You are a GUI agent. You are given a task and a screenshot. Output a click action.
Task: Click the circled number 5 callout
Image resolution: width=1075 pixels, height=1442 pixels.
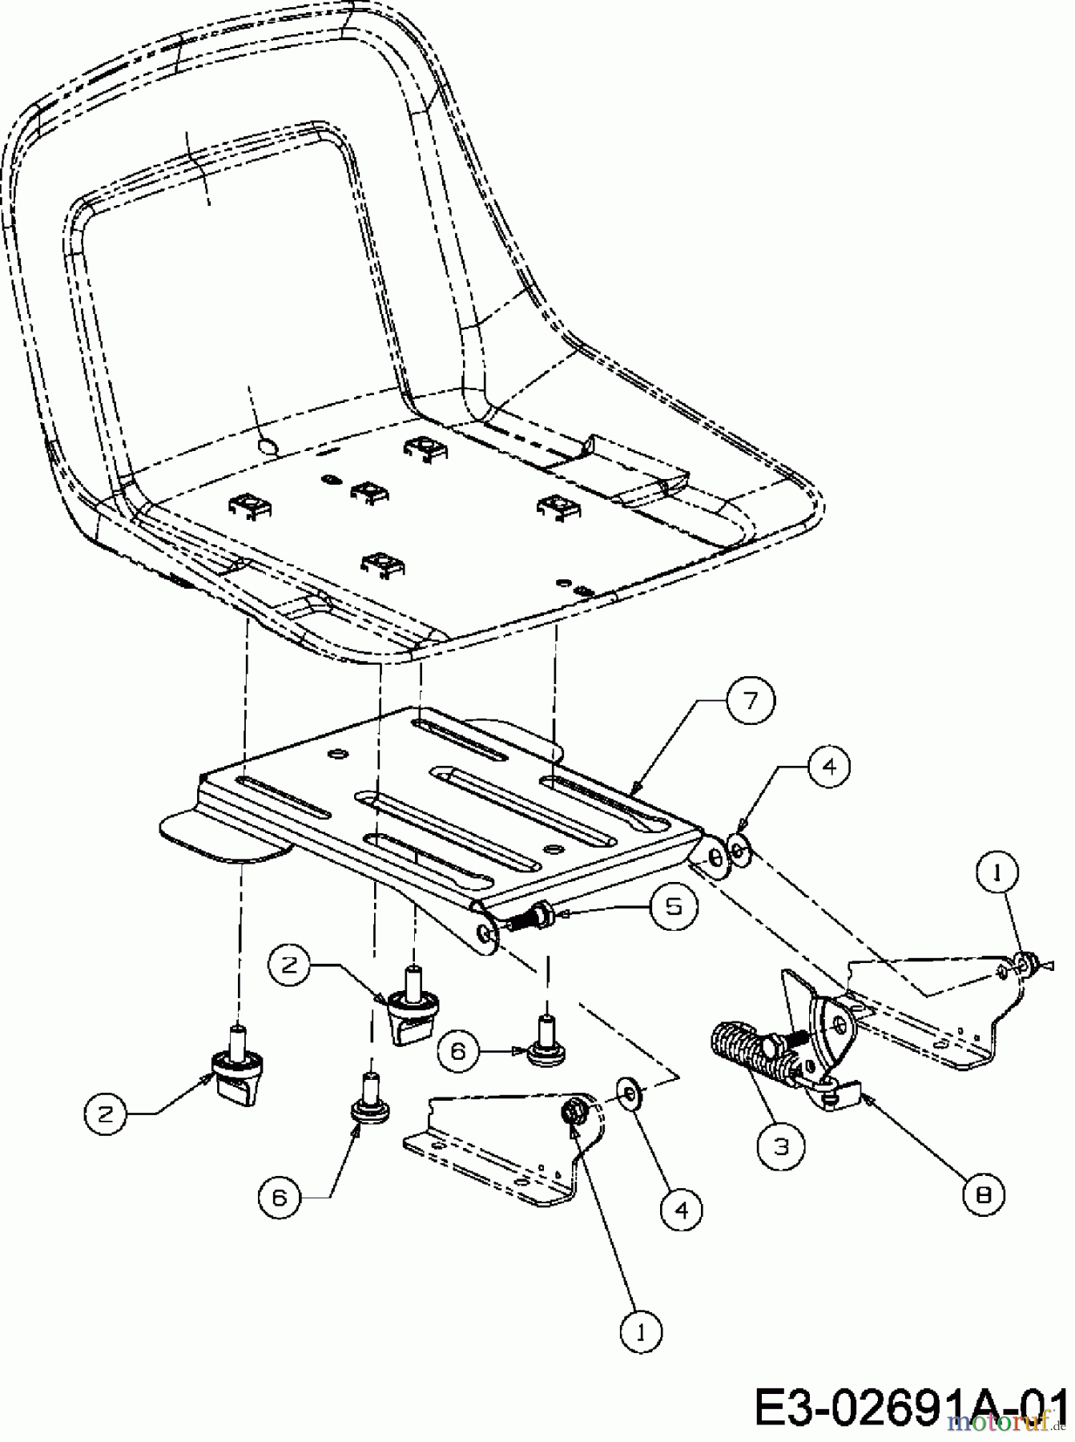coord(673,905)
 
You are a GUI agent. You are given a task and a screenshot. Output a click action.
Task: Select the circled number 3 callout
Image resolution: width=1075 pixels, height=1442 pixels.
coord(781,1146)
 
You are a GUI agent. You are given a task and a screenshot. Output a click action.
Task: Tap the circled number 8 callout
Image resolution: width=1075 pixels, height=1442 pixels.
coord(984,1195)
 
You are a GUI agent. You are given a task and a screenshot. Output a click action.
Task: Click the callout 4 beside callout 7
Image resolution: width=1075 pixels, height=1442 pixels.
coord(828,767)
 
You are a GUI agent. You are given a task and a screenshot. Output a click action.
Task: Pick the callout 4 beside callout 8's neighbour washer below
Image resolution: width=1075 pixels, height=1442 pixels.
coord(681,1208)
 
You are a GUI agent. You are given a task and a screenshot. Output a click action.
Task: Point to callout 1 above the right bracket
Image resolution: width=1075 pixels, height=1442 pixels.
coord(996,873)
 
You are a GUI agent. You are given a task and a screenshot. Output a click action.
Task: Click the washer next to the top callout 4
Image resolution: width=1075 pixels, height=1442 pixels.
coord(737,851)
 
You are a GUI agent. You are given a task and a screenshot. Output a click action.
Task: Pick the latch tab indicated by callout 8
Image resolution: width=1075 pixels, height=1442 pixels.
coord(839,1094)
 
